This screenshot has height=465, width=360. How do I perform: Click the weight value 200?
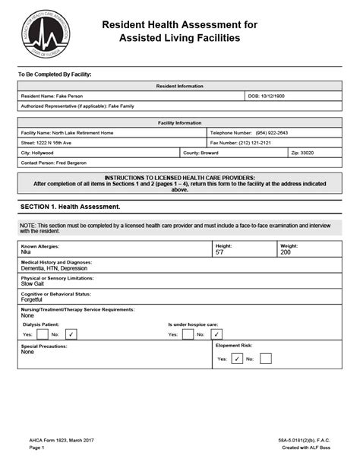tap(286, 252)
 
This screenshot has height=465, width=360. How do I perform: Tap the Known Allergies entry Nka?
tap(26, 252)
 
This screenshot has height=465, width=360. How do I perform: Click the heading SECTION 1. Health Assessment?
tap(70, 207)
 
